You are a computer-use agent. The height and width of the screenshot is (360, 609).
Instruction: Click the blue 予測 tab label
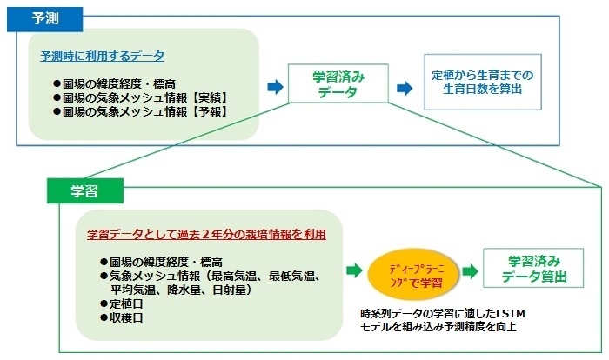44,17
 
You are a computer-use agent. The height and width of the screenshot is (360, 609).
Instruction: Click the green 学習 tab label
84,190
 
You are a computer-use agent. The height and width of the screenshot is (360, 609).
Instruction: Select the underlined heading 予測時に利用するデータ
102,56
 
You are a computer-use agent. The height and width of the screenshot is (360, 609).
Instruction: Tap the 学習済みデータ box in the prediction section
338,85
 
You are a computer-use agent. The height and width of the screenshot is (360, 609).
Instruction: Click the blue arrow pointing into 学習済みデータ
275,86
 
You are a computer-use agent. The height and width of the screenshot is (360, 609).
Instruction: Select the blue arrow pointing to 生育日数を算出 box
404,87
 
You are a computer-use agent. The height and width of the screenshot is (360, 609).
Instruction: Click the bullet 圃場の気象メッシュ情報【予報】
144,112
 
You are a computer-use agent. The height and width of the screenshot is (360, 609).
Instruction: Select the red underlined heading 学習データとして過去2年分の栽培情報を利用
207,235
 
